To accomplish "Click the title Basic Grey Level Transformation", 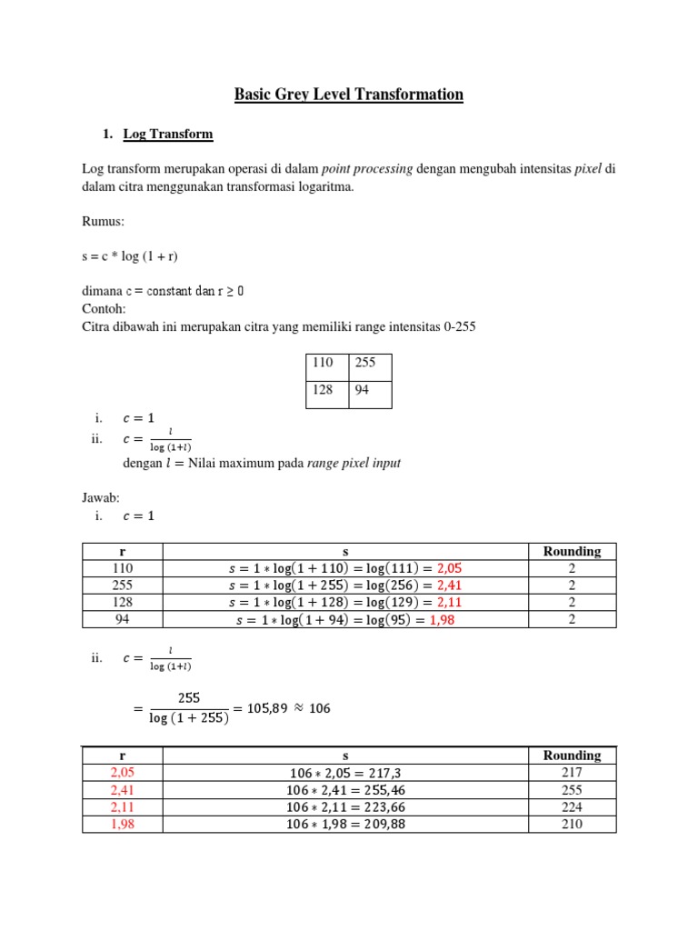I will tap(349, 95).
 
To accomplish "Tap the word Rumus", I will tap(102, 221).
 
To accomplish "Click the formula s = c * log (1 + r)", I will tap(136, 256).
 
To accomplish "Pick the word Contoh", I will tap(104, 308).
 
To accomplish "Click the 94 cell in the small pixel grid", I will tap(370, 390).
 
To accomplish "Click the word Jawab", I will tap(101, 497).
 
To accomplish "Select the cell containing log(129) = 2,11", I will tap(345, 602).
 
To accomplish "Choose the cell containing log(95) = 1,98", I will tap(345, 619).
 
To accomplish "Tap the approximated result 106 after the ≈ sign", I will tap(320, 707).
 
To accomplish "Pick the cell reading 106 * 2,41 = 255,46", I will tap(345, 790).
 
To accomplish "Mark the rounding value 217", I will tap(572, 773).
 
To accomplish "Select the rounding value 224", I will tap(572, 807).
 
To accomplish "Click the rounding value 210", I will tap(572, 825).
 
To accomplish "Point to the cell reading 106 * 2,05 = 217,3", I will tap(345, 773).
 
